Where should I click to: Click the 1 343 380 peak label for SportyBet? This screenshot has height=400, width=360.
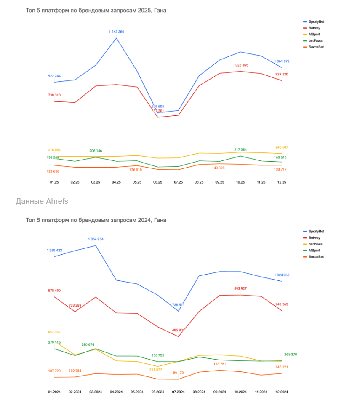(x=116, y=32)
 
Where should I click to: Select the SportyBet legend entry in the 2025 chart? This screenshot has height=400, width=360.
(x=316, y=21)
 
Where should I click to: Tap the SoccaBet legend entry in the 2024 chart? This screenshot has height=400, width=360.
(x=316, y=257)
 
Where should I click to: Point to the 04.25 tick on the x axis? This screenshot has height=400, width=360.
(x=116, y=182)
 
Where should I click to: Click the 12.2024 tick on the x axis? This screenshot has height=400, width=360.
(x=281, y=392)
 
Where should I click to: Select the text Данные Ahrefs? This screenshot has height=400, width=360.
(x=42, y=201)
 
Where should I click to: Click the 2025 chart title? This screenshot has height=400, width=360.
(x=96, y=10)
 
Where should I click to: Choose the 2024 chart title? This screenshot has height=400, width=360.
(x=96, y=220)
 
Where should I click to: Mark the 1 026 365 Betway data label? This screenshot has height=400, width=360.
(x=240, y=65)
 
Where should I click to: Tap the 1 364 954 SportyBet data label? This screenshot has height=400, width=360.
(x=96, y=239)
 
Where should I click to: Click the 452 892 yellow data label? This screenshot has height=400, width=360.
(x=54, y=332)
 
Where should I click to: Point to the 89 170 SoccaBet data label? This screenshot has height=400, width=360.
(x=178, y=373)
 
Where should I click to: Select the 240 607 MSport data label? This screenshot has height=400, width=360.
(x=281, y=147)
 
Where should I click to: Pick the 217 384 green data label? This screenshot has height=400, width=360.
(x=240, y=150)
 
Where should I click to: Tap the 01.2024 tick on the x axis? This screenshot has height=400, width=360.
(x=54, y=392)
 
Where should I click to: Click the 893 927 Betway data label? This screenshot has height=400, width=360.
(x=240, y=288)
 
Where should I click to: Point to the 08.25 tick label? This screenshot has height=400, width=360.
(x=199, y=182)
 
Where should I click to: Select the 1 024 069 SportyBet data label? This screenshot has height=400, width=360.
(x=282, y=275)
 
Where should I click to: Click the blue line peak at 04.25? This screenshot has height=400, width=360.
(x=116, y=38)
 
